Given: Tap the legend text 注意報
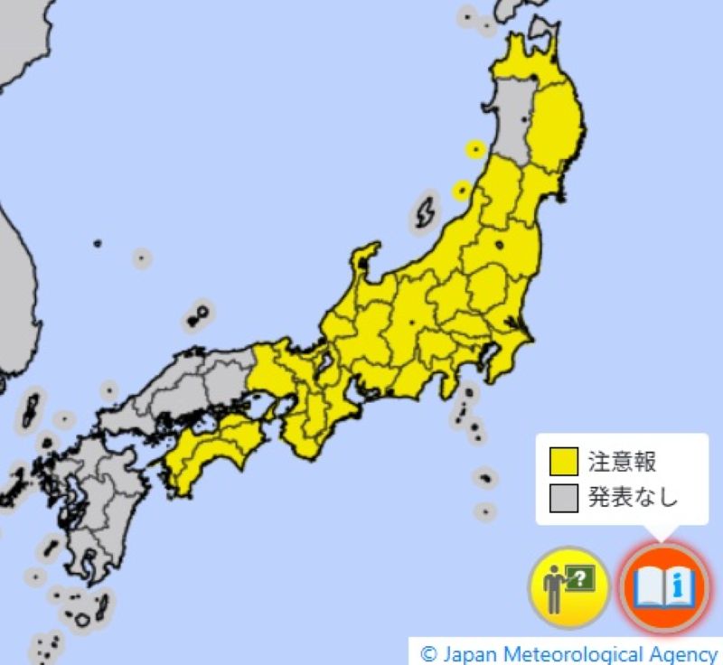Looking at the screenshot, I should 621,463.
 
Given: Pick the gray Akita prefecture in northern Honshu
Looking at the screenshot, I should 514,126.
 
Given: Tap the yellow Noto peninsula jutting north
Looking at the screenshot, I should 365,263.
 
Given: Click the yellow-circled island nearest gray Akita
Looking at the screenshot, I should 474,149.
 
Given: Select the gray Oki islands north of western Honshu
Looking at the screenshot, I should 197,316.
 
